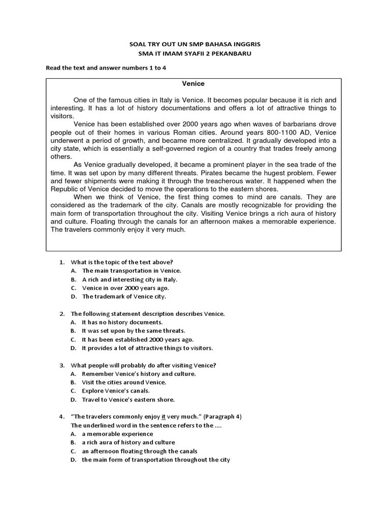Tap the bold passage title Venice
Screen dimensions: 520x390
click(193, 83)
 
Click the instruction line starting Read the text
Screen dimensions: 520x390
click(106, 68)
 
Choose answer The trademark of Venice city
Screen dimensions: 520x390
click(124, 296)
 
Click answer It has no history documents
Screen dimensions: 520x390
click(122, 322)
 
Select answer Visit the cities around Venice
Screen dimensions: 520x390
click(124, 382)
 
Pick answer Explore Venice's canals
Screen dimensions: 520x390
click(116, 391)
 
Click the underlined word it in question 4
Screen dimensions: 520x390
click(165, 417)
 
